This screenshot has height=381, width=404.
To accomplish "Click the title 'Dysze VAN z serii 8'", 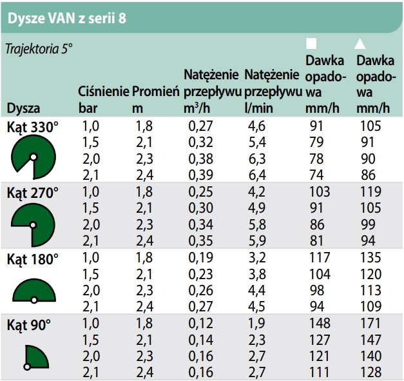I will click(66, 17).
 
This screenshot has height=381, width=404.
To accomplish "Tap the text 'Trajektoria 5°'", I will click(37, 48).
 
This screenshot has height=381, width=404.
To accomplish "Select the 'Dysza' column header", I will click(24, 107).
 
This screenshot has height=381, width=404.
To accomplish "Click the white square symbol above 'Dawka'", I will click(311, 43).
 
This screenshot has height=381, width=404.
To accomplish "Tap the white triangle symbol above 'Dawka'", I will click(361, 43).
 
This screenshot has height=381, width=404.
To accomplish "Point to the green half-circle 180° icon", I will click(34, 291).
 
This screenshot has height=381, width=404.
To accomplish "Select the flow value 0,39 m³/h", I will click(200, 174).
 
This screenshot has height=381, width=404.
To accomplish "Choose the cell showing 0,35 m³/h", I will click(200, 241).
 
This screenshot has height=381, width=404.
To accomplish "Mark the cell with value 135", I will click(368, 259).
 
